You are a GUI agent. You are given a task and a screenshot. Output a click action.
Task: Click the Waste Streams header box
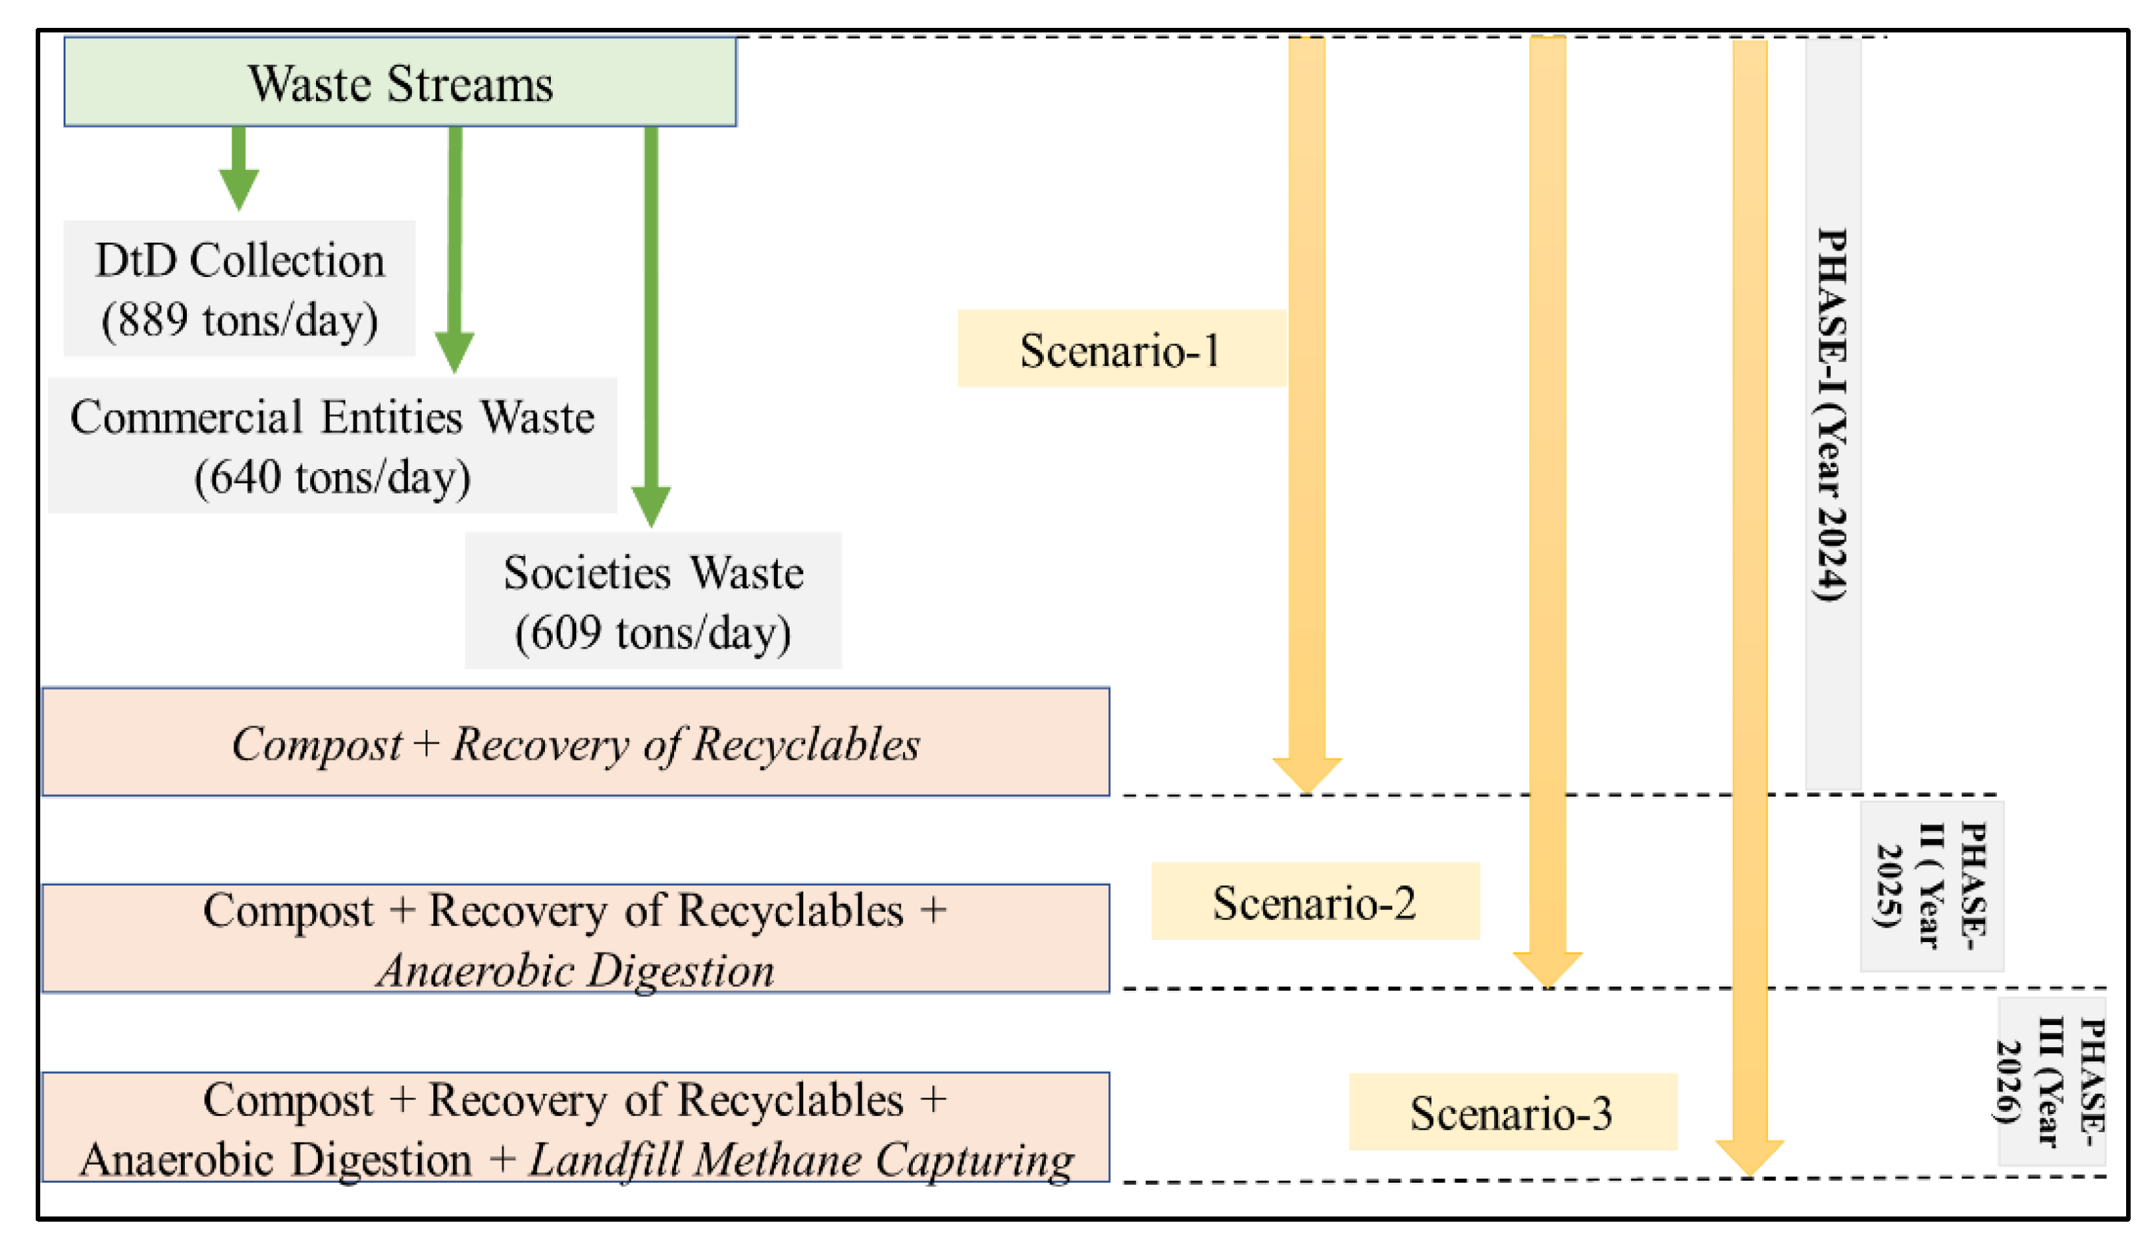pos(400,82)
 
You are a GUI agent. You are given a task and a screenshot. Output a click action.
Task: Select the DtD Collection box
pos(239,288)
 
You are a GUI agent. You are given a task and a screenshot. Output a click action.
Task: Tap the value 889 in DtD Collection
pos(152,321)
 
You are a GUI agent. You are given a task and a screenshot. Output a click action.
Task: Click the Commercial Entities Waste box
pos(332,445)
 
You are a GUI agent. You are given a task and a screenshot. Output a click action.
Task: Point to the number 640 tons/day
pos(332,477)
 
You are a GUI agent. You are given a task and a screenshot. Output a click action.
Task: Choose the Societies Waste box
pos(653,601)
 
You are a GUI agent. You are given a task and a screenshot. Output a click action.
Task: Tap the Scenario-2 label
pos(1314,902)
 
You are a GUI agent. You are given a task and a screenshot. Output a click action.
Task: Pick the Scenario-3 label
pos(1511,1113)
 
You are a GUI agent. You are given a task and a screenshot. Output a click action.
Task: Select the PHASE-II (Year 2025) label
pos(1931,886)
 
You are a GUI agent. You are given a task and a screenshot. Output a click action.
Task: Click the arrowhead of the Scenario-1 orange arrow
pos(1307,774)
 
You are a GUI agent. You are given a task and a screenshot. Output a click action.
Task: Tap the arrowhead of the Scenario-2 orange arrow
pos(1547,968)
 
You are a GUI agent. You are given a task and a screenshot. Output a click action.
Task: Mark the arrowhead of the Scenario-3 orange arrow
pos(1749,1156)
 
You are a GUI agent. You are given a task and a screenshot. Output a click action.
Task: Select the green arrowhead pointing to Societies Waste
pos(651,506)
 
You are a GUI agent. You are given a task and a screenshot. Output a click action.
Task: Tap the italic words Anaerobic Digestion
pos(575,971)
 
